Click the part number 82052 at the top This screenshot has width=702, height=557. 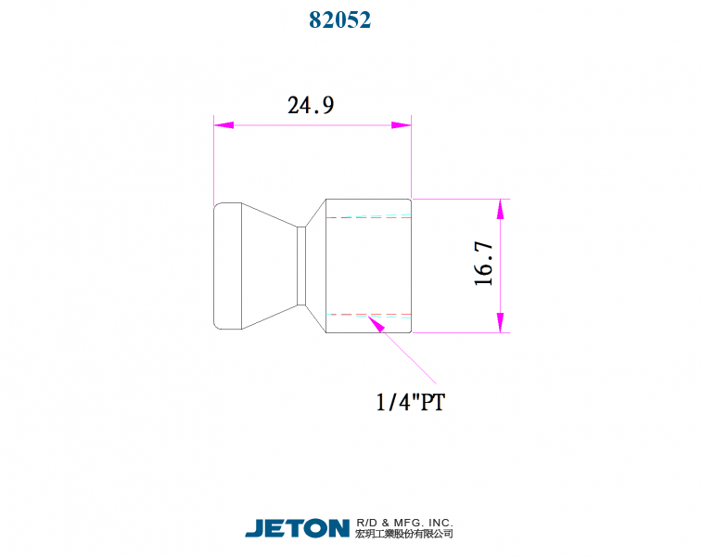pyautogui.click(x=339, y=20)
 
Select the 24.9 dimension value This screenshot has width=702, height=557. pyautogui.click(x=311, y=105)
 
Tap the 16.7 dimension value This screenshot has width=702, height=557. pyautogui.click(x=483, y=264)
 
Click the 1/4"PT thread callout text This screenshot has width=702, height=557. pyautogui.click(x=410, y=402)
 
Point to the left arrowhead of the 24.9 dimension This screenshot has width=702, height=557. pyautogui.click(x=223, y=125)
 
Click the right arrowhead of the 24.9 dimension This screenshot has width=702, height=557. pyautogui.click(x=402, y=125)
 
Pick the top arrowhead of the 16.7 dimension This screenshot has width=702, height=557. pyautogui.click(x=500, y=209)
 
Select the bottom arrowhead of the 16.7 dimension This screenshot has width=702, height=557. pyautogui.click(x=500, y=323)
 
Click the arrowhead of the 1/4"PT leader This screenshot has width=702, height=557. pyautogui.click(x=377, y=324)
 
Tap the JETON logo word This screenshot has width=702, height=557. pyautogui.click(x=298, y=528)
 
